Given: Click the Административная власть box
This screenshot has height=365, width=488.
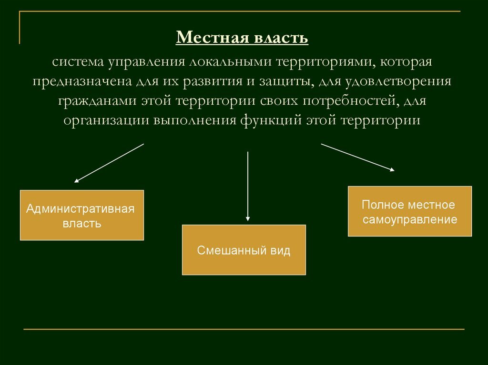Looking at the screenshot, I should (x=82, y=215).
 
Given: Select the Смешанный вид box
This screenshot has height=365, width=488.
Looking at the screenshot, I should (x=244, y=250).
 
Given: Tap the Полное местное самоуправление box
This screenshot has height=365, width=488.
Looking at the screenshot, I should (x=410, y=211).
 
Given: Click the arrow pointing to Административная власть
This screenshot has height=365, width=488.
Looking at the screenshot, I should (x=109, y=163).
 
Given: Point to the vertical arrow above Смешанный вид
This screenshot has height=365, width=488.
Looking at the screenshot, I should (x=248, y=186).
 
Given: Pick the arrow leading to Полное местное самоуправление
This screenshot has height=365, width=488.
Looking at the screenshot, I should (x=357, y=157).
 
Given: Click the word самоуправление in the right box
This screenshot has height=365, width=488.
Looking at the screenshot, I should (x=410, y=220).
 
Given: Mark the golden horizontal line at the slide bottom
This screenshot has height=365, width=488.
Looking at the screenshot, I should (x=244, y=329).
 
